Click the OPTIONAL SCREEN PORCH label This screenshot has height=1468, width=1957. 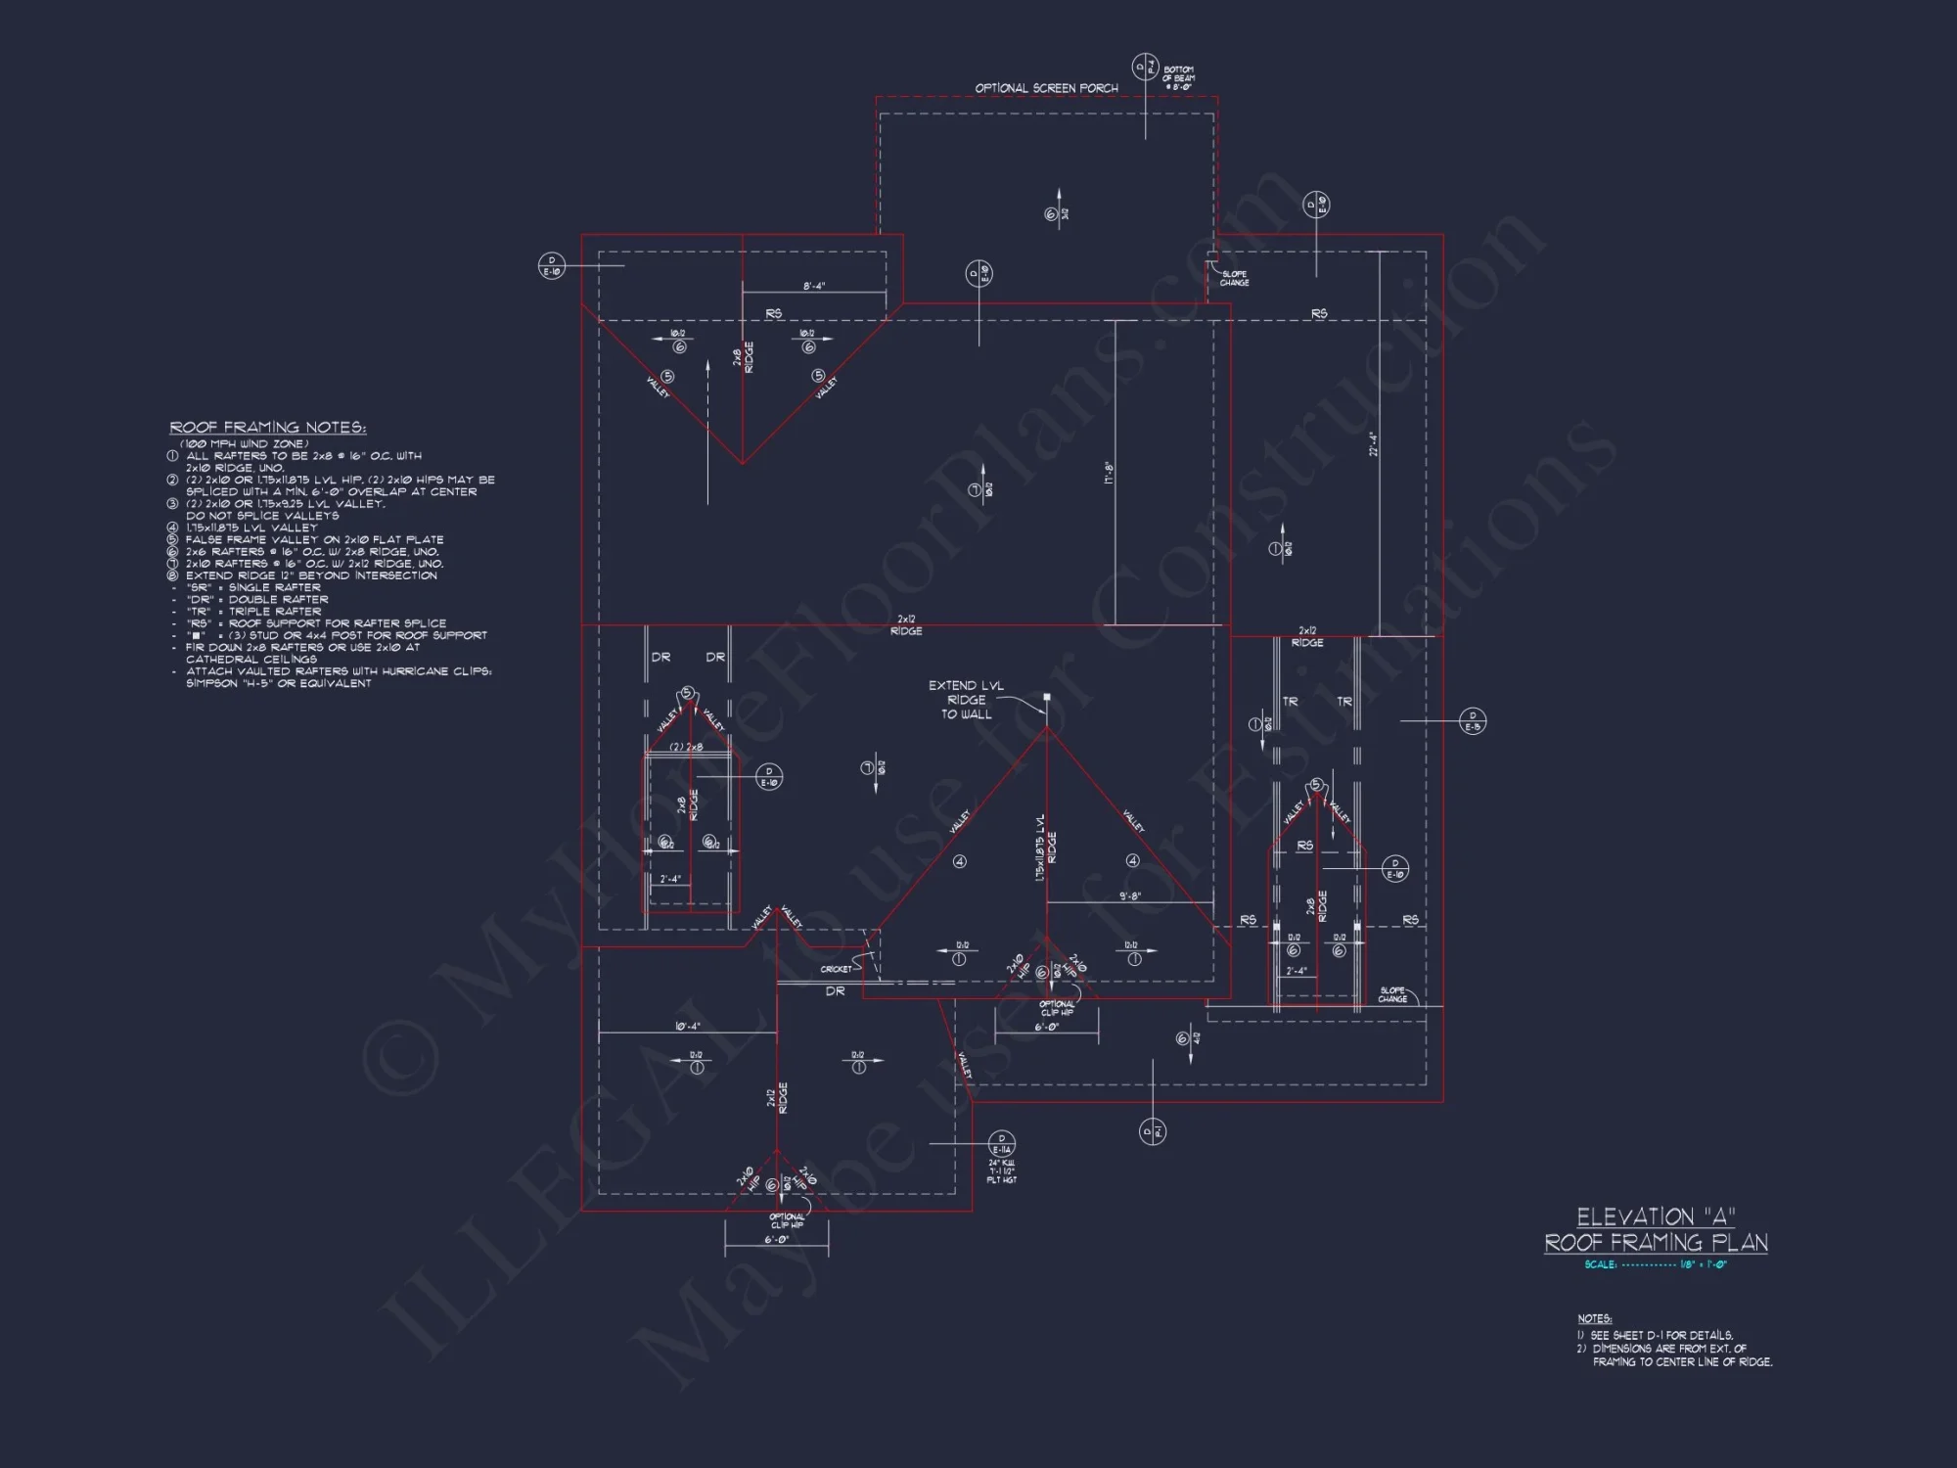(x=1046, y=88)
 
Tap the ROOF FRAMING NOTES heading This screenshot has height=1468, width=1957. (x=267, y=428)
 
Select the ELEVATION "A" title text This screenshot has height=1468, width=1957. (x=1656, y=1216)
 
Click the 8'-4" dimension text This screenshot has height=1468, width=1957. (x=814, y=287)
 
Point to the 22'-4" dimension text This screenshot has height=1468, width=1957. (x=1373, y=444)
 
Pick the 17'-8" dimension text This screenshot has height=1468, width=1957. (x=1109, y=474)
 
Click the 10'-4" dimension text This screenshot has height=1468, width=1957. (x=687, y=1027)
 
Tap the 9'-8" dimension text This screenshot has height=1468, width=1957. (x=1130, y=895)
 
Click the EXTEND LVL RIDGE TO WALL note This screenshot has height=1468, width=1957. (x=966, y=700)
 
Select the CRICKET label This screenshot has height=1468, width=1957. (x=836, y=969)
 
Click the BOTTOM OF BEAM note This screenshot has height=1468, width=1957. (x=1178, y=78)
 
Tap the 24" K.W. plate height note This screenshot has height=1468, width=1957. (x=1002, y=1171)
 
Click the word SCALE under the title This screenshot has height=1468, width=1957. (x=1600, y=1264)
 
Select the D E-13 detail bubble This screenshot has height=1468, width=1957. (x=1473, y=721)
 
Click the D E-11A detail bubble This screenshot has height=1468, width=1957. (x=1002, y=1144)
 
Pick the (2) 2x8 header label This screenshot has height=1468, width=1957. (x=686, y=748)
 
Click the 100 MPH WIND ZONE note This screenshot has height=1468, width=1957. (x=245, y=443)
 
